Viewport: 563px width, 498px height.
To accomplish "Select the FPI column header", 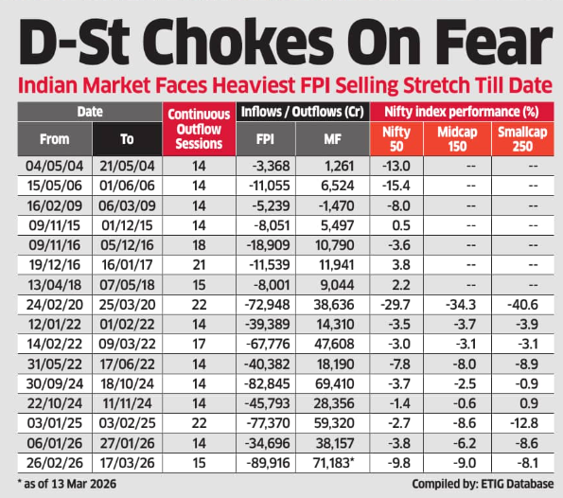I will [267, 139].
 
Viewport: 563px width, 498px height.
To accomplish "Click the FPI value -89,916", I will [267, 463].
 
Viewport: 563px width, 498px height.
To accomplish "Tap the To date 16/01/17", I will [128, 260].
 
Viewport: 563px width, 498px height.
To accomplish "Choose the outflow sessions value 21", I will [199, 260].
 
